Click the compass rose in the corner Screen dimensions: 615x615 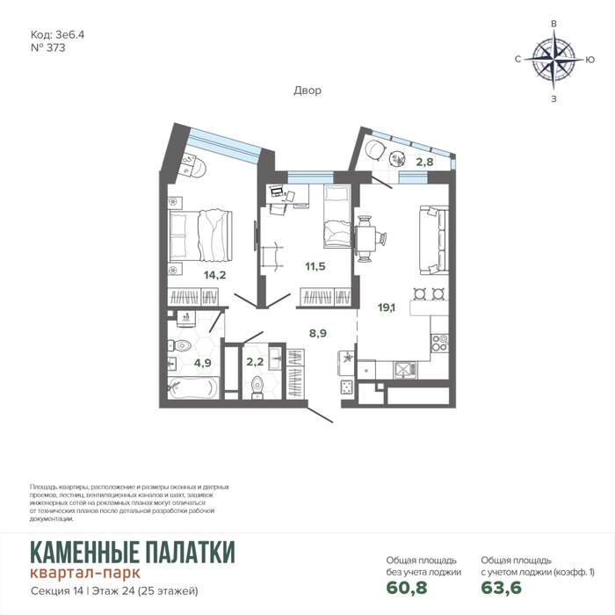pyautogui.click(x=553, y=60)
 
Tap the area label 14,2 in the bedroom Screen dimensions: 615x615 pyautogui.click(x=214, y=275)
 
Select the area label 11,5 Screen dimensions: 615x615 pyautogui.click(x=315, y=266)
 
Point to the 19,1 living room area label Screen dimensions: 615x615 pyautogui.click(x=387, y=307)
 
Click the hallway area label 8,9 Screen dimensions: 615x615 pyautogui.click(x=318, y=333)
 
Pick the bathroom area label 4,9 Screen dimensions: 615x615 pyautogui.click(x=202, y=363)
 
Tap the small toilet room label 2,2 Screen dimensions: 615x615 pyautogui.click(x=255, y=361)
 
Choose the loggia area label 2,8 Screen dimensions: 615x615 pyautogui.click(x=424, y=162)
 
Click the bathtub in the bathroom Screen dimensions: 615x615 pyautogui.click(x=192, y=387)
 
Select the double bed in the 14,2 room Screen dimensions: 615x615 pyautogui.click(x=200, y=235)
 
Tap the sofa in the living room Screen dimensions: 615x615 pyautogui.click(x=434, y=240)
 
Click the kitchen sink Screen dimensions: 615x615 pyautogui.click(x=405, y=370)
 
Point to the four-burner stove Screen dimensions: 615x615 pyautogui.click(x=439, y=343)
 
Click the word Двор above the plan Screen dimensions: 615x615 pyautogui.click(x=307, y=90)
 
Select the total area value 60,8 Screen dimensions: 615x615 pyautogui.click(x=407, y=588)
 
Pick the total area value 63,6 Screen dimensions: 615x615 pyautogui.click(x=502, y=588)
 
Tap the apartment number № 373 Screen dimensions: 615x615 pyautogui.click(x=47, y=47)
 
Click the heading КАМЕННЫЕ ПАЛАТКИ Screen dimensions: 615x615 pyautogui.click(x=133, y=552)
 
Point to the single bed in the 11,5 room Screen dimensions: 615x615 pyautogui.click(x=336, y=216)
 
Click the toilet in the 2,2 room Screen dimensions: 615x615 pyautogui.click(x=257, y=387)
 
